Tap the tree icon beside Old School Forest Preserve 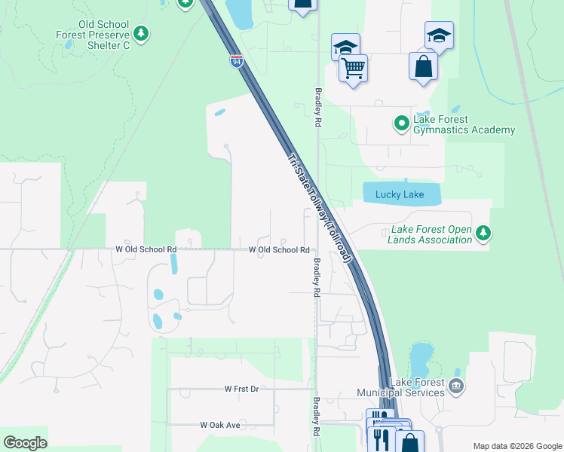140,34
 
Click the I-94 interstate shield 237,60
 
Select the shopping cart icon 353,69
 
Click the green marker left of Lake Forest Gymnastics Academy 402,122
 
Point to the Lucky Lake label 400,195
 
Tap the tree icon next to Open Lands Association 483,234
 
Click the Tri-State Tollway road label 320,209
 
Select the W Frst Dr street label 241,389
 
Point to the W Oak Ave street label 220,425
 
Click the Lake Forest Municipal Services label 415,387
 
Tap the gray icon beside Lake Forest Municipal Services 455,386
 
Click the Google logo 25,443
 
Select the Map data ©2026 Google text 516,446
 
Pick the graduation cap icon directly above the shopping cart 345,47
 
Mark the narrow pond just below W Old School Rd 174,264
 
